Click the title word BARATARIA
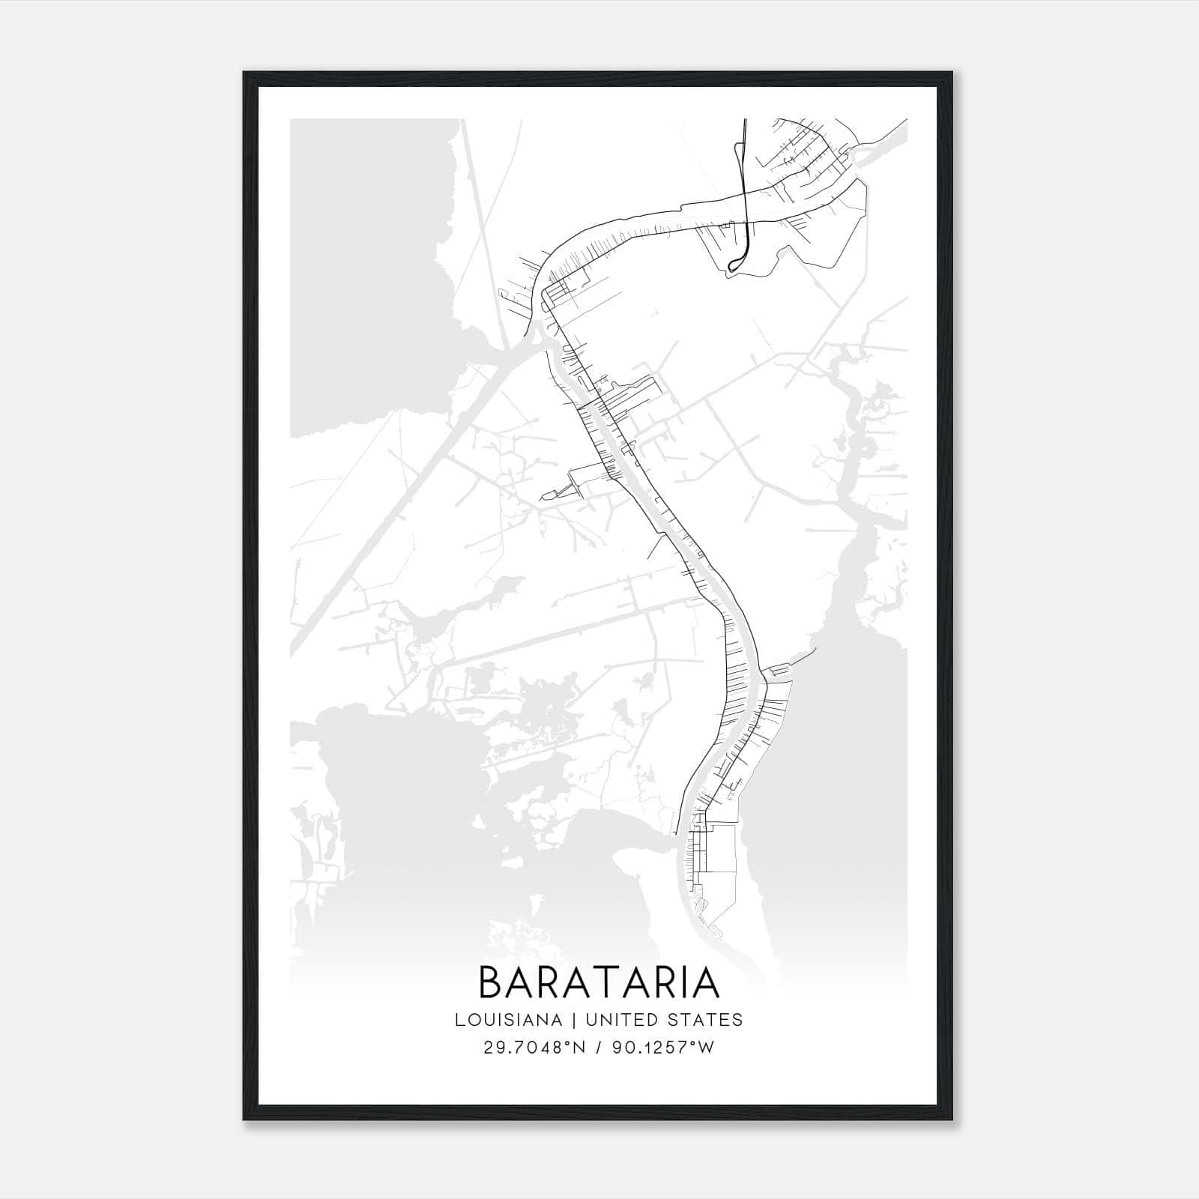click(599, 982)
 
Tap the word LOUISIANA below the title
click(507, 1020)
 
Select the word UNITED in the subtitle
click(620, 1020)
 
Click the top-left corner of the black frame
click(245, 73)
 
